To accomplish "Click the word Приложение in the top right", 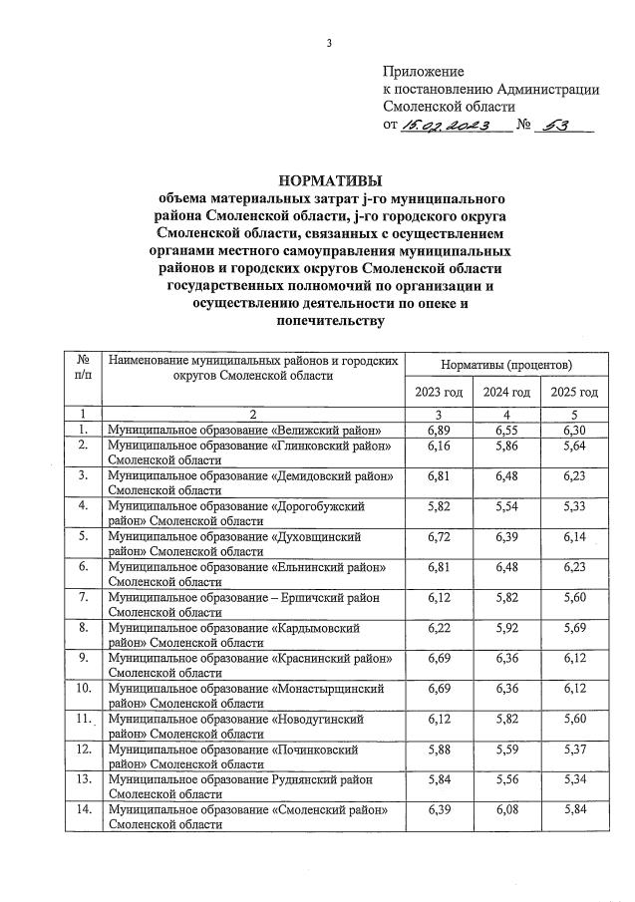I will point(424,72).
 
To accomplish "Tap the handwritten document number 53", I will point(561,127).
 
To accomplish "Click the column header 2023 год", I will point(439,392).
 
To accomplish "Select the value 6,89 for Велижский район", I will point(439,429).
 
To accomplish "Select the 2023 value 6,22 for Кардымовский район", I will point(439,630).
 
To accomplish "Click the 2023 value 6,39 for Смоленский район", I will point(439,812).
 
